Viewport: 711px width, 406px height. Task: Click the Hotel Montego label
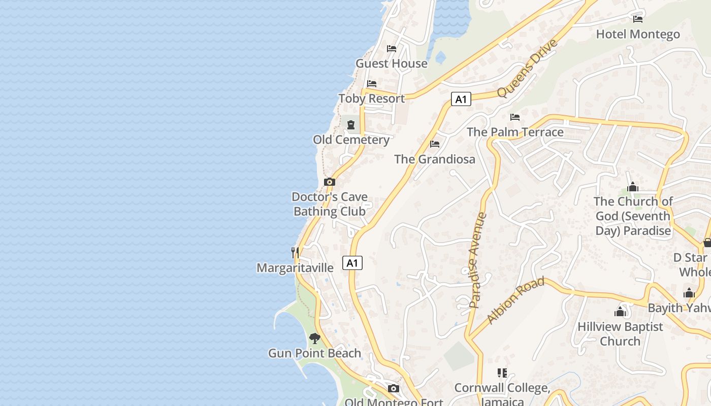(x=638, y=34)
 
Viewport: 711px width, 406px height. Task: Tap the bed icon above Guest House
(x=392, y=49)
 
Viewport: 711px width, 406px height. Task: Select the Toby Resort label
(x=372, y=98)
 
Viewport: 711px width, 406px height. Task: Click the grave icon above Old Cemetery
(x=351, y=125)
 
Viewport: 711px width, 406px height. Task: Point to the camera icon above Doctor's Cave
(x=330, y=182)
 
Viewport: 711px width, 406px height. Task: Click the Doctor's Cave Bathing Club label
(x=330, y=204)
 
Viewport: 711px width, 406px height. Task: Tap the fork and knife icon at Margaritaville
(x=295, y=252)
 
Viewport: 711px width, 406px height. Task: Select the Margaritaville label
(x=295, y=267)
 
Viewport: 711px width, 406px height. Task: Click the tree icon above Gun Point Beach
(x=315, y=338)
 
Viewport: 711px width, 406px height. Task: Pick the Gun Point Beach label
(x=315, y=353)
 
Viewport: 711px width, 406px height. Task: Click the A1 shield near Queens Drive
(x=461, y=99)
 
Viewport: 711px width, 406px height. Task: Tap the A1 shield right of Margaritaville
(x=352, y=263)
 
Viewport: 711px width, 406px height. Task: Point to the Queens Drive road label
(x=528, y=68)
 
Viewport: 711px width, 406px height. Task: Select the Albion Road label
(x=515, y=300)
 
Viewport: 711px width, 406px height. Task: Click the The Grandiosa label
(x=435, y=159)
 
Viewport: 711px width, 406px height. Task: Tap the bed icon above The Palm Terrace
(x=515, y=117)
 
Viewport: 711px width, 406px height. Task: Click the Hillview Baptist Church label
(x=620, y=333)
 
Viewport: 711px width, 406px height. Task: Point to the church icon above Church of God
(x=633, y=187)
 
